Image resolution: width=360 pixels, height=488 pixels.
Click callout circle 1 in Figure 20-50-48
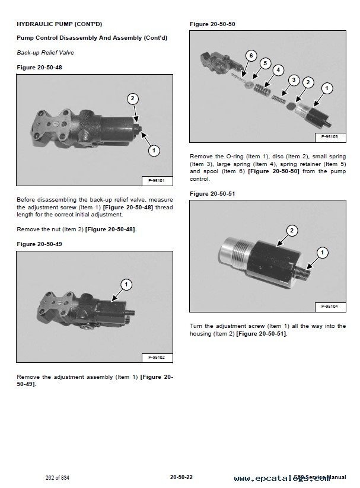153,151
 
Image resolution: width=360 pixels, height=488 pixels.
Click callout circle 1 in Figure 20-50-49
126,285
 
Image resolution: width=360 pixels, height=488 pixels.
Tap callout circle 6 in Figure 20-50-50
250,56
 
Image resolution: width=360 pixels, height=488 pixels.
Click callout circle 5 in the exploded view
265,63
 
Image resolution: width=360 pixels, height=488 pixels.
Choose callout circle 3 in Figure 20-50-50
294,80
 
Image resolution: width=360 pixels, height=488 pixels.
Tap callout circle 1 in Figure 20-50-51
323,253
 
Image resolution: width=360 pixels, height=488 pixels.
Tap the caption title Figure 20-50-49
39,244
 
